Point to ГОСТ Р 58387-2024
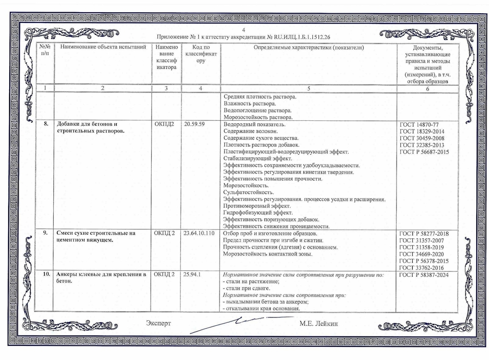pos(424,275)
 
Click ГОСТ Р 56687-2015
pos(424,152)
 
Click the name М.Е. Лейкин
pos(320,324)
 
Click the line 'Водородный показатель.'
pos(250,124)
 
